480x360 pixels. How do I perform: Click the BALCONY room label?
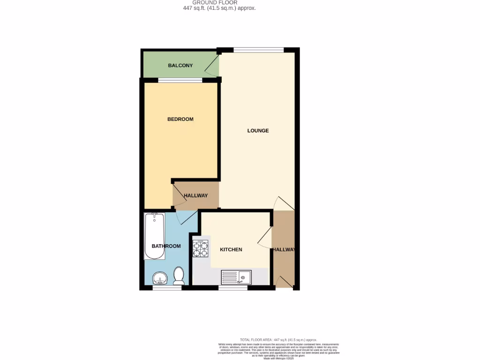pos(180,66)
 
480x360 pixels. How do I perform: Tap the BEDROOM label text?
pos(180,119)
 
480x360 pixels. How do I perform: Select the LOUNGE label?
pos(258,130)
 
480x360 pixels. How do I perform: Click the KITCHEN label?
pos(231,249)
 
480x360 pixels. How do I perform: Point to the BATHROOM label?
pos(166,246)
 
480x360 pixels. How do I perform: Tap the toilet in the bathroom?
pos(178,276)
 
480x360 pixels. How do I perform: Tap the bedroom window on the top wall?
pos(180,80)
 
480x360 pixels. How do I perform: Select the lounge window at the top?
pos(258,50)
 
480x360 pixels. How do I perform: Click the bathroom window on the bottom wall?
pos(167,288)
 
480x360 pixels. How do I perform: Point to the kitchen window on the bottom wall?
pos(233,288)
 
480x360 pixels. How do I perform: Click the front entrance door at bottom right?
pos(283,282)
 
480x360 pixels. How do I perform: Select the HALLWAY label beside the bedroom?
pos(195,195)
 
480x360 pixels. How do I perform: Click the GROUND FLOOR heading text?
pos(218,3)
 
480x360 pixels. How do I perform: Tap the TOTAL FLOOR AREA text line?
pos(278,339)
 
